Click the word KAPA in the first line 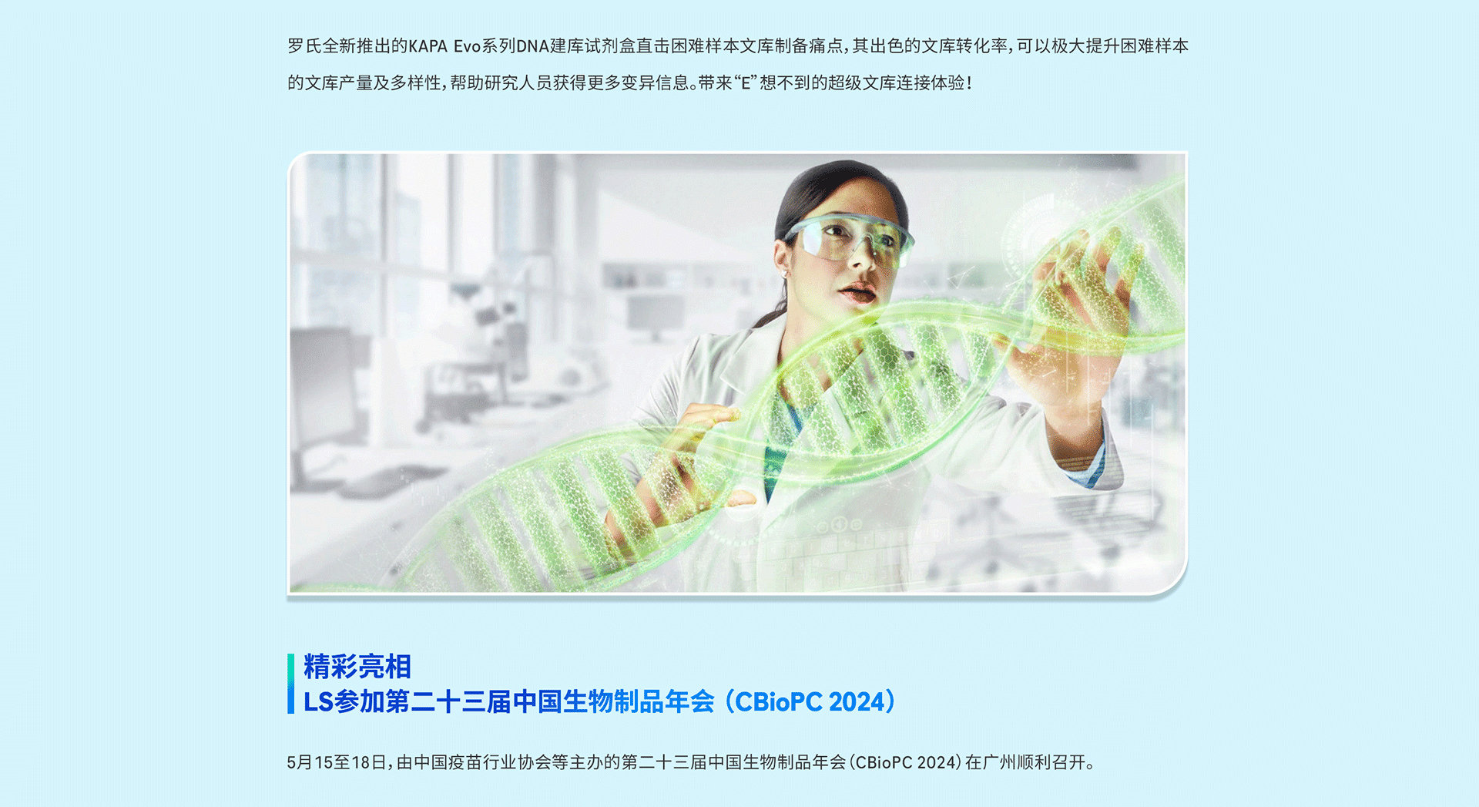pos(428,46)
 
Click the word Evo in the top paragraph pos(468,46)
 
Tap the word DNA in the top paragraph pos(532,46)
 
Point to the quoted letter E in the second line pos(746,82)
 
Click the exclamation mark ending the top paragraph pos(969,82)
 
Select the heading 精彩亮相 pos(357,667)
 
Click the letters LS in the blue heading pos(319,702)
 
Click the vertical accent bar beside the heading pos(290,684)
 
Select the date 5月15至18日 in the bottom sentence pos(337,762)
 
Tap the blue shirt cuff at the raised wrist pos(1094,466)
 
